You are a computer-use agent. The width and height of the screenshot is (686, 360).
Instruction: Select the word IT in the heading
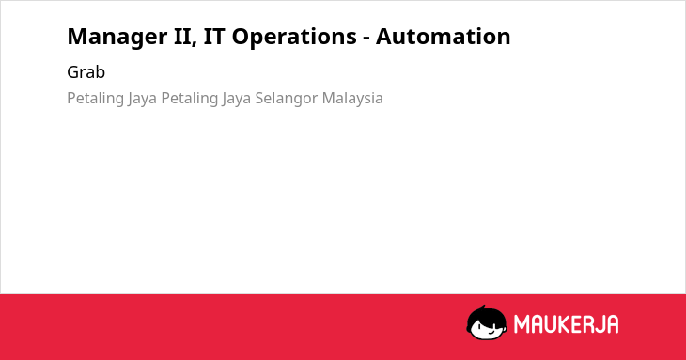214,37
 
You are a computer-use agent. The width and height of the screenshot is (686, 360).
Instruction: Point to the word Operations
294,38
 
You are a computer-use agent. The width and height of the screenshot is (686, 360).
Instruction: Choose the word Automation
444,37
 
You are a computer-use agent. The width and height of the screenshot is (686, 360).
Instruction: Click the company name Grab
86,72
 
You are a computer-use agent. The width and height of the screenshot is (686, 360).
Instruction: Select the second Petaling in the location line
190,99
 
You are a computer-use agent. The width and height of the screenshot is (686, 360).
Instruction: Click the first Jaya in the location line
142,99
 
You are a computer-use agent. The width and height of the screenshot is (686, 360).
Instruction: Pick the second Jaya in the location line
236,99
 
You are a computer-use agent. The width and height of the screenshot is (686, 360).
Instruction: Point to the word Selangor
286,99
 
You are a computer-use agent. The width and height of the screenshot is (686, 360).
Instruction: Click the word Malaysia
352,99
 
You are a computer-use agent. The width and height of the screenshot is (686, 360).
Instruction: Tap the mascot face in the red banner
487,323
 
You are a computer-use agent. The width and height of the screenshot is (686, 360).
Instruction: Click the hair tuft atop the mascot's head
483,307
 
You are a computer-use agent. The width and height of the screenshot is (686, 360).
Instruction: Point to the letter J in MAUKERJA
600,324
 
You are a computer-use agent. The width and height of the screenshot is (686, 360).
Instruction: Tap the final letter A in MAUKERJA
613,324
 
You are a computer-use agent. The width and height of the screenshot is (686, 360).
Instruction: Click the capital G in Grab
72,72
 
